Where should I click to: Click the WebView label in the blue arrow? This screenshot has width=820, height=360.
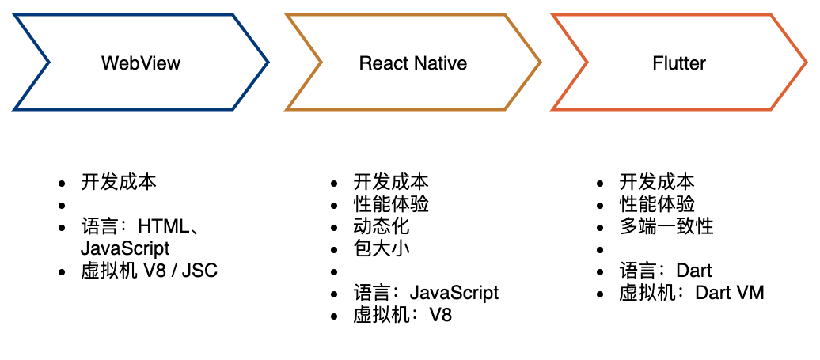coord(141,63)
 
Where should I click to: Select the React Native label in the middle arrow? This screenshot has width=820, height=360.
coord(413,63)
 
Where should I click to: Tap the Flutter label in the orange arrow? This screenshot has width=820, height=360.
coord(679,63)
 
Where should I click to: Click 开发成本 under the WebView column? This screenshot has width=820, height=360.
coord(119,182)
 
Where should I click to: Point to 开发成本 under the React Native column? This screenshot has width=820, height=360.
coord(391,182)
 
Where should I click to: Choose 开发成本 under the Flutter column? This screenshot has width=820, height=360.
coord(657,182)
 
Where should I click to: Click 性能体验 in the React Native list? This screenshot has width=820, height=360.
coord(391,204)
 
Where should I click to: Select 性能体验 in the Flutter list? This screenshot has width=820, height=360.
coord(657,204)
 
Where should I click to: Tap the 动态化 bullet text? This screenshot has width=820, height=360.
coord(382,226)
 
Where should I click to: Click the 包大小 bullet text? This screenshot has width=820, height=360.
coord(382,248)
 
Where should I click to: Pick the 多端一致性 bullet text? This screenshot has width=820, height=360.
coord(666,226)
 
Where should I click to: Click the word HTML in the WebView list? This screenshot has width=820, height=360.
coord(164,227)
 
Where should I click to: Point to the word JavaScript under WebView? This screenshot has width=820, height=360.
coord(125,248)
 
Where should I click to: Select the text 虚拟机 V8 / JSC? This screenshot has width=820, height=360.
coord(149,271)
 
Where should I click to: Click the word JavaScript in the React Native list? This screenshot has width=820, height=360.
coord(454,293)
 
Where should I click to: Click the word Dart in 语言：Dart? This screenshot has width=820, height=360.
coord(694,271)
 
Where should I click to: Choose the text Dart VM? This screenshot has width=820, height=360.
coord(729,293)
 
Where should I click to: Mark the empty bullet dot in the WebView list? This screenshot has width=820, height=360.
coord(62,206)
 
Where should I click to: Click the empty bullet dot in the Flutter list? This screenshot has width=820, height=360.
coord(600,250)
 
